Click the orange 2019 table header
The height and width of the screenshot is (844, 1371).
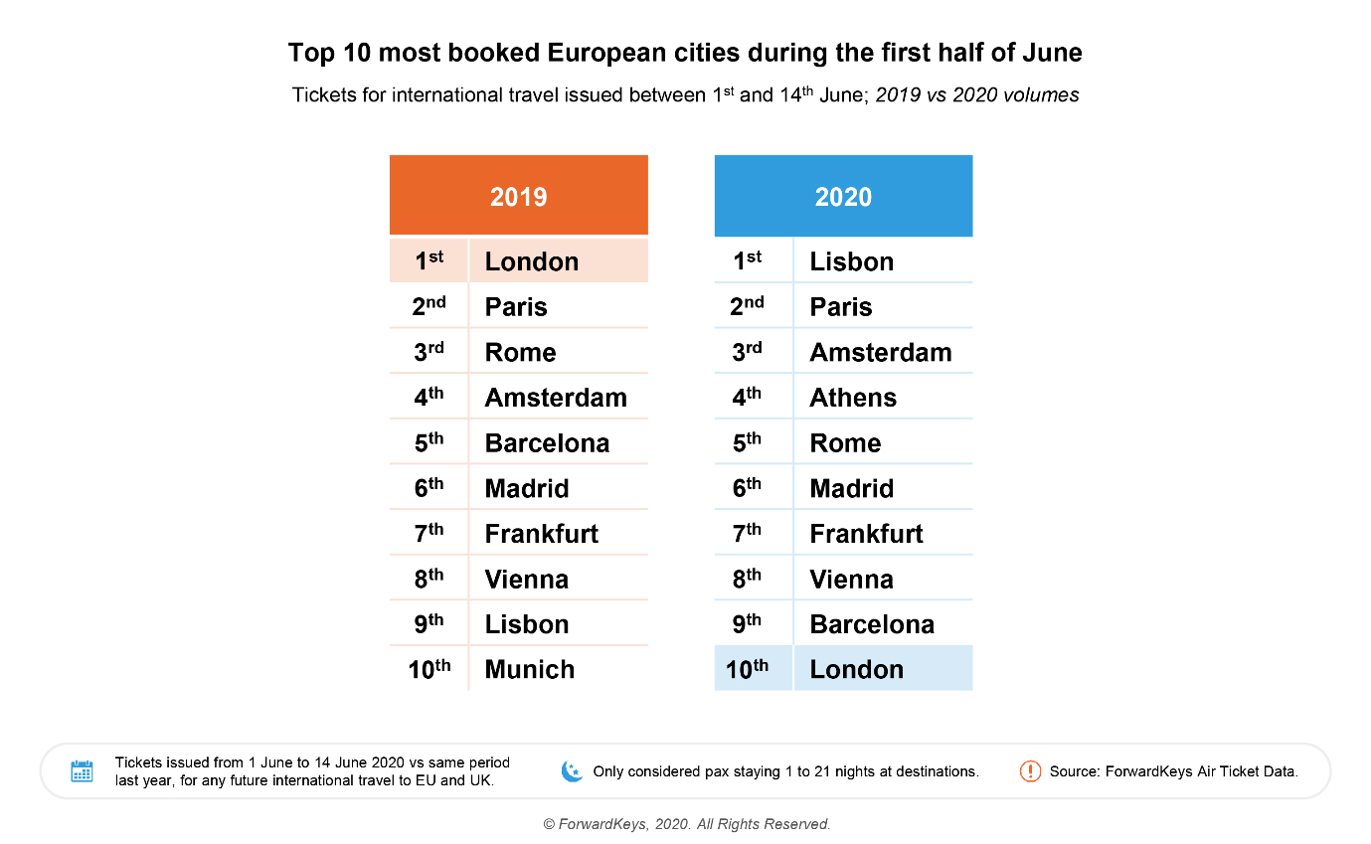tap(518, 196)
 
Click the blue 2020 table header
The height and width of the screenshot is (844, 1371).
tap(843, 196)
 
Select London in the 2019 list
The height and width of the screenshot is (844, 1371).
tap(531, 261)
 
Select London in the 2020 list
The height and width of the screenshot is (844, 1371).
tap(856, 669)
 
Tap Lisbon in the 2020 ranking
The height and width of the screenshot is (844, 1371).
tap(851, 261)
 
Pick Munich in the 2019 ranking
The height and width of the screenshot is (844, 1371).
tap(529, 669)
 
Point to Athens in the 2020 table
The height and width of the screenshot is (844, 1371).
tap(853, 398)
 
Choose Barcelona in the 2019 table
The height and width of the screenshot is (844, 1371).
tap(547, 442)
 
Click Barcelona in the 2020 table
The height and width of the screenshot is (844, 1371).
tap(872, 624)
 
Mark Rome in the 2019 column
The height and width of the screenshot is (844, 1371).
tap(520, 352)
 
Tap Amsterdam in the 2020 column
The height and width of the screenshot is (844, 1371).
tap(880, 352)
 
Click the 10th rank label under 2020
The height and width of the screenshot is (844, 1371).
tap(748, 669)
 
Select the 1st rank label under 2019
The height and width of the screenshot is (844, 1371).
tap(428, 260)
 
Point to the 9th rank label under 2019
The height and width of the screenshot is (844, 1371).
tap(428, 623)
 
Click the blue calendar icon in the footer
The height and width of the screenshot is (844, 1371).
tap(82, 771)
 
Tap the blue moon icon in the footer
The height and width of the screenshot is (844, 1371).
tap(572, 770)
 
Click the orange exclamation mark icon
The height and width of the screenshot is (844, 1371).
tap(1030, 770)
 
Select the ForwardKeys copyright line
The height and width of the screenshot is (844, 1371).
tap(686, 824)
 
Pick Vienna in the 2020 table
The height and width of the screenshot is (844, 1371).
tap(851, 579)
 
